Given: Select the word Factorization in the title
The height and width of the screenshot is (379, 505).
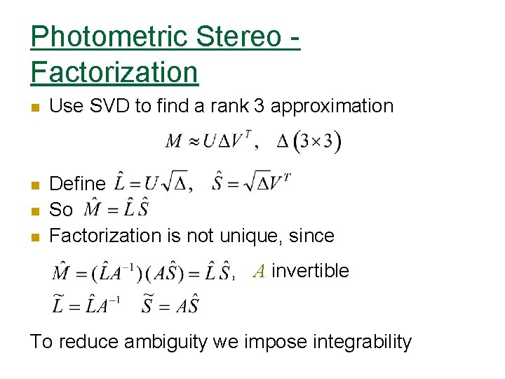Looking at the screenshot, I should (114, 71).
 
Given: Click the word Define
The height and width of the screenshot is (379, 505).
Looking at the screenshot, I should (77, 184).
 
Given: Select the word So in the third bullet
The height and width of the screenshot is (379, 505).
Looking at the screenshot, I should (61, 210).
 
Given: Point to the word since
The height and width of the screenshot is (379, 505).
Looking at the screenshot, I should (308, 235).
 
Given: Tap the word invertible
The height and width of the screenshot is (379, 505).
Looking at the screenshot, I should (310, 270).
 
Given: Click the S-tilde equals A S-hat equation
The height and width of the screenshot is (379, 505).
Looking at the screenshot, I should (170, 304).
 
